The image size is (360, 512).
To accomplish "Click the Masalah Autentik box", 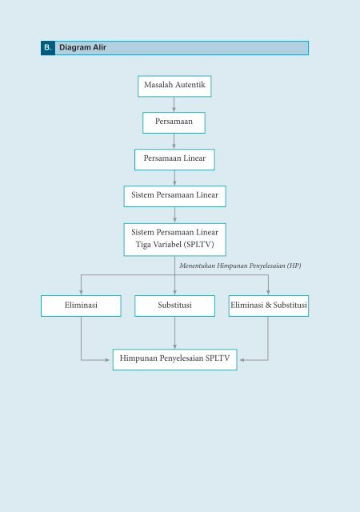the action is click(x=174, y=86).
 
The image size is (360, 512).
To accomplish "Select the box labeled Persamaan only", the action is click(x=174, y=122).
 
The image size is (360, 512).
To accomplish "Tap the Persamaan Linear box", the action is click(x=174, y=160).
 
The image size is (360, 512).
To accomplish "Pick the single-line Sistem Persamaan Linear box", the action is click(x=174, y=196).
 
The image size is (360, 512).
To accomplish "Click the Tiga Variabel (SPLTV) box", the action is click(x=174, y=239).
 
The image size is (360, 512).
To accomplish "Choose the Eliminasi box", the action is click(x=81, y=306).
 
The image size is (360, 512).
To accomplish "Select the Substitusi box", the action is click(x=174, y=306).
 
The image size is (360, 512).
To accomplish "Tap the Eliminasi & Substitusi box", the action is click(x=269, y=306).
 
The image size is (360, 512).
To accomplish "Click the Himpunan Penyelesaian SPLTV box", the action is click(x=174, y=359).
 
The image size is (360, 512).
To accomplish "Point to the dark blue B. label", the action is click(x=48, y=48).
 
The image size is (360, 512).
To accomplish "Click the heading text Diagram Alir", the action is click(x=82, y=47).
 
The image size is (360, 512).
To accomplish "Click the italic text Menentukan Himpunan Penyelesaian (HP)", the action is click(x=240, y=266).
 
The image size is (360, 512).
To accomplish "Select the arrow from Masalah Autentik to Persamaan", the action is click(x=174, y=105).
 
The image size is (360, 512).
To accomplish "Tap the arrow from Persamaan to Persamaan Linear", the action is click(x=174, y=141).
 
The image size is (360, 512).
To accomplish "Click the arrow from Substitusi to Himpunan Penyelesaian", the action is click(x=174, y=333).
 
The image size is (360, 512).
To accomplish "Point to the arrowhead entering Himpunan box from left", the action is click(x=107, y=360).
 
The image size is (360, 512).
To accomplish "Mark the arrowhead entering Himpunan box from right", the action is click(x=242, y=360).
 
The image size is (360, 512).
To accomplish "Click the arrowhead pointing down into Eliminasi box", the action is click(x=81, y=291).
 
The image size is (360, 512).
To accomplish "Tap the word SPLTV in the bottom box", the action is click(x=218, y=358).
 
